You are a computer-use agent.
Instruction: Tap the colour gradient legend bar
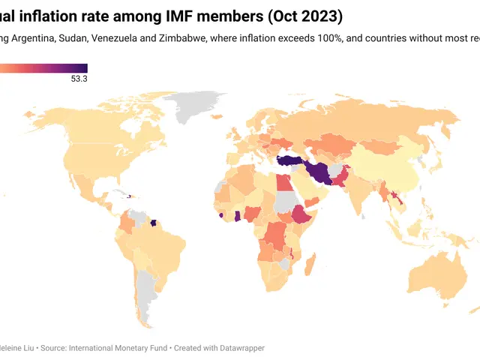pyautogui.click(x=45, y=68)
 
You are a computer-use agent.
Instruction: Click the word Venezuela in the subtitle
pyautogui.click(x=116, y=38)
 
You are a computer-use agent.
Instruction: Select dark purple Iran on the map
pyautogui.click(x=319, y=172)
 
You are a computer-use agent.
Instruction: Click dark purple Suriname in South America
pyautogui.click(x=154, y=223)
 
